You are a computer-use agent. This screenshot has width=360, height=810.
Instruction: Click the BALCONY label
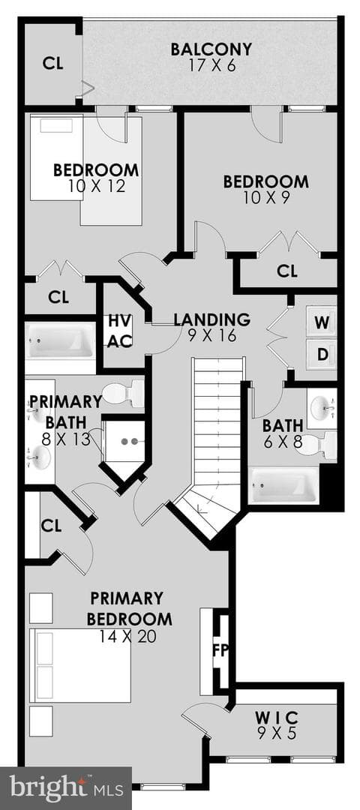[211, 49]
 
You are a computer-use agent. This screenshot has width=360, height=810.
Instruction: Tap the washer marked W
[322, 322]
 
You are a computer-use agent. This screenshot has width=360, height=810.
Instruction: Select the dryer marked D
[322, 354]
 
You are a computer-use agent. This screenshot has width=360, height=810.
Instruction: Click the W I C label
[277, 718]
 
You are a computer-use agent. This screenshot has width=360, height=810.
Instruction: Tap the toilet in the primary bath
[123, 393]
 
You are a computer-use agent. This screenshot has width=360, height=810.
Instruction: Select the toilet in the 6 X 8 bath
[316, 444]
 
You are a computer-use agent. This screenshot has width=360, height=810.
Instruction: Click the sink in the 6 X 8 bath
[322, 408]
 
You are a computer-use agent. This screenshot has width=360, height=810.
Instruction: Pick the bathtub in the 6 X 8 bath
[283, 485]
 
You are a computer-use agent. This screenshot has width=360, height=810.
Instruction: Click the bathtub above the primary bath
[61, 341]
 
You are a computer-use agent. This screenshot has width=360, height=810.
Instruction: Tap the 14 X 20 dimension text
[128, 637]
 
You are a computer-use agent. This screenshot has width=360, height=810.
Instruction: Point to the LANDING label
[211, 319]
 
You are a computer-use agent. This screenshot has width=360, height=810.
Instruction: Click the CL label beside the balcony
[52, 63]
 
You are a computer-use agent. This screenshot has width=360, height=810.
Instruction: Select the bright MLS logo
[66, 788]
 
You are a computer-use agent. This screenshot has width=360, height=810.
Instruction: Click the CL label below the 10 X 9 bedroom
[287, 271]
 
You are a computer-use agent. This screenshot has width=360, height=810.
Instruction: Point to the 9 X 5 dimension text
[277, 733]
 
